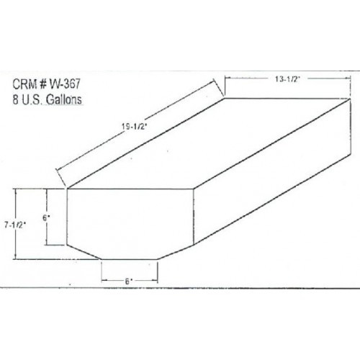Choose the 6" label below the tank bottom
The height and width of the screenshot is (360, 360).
coord(129,282)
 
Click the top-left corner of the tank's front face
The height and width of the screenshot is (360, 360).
coord(68,189)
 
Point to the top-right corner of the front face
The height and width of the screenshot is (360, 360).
coord(196,189)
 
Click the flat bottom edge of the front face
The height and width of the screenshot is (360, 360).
coord(129,258)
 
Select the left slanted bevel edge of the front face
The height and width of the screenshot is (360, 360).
coord(84,249)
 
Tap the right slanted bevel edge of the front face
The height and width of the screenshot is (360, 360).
coord(177,249)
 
